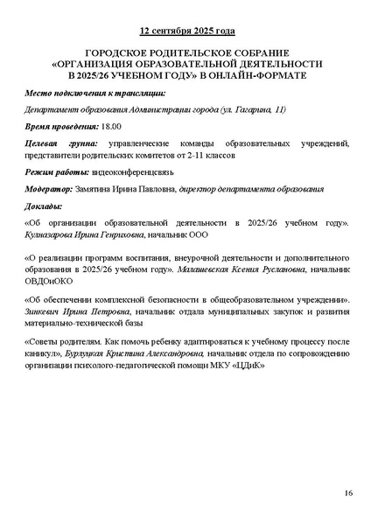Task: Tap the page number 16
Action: [348, 493]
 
